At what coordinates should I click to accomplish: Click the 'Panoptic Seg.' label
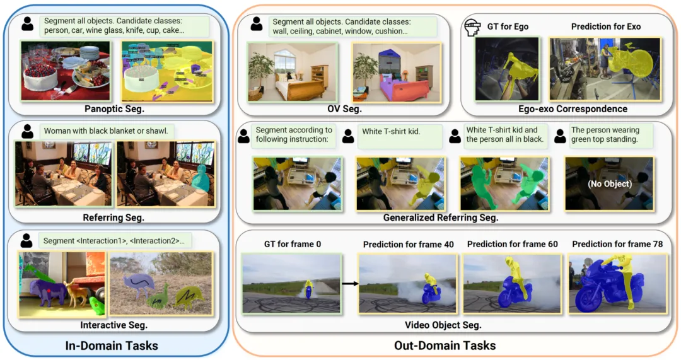(115, 109)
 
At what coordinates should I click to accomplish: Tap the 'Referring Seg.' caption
(114, 218)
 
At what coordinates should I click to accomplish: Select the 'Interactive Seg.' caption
(113, 325)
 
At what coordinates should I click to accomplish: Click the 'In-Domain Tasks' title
(112, 345)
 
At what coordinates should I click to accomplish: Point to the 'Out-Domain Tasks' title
(445, 345)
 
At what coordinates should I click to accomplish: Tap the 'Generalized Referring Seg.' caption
(441, 218)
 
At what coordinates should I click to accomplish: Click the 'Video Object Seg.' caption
(443, 325)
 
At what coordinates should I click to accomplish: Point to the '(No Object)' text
(609, 185)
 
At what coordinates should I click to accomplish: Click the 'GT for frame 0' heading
(291, 244)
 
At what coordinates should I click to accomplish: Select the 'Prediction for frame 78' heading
(617, 244)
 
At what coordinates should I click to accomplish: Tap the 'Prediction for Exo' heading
(606, 26)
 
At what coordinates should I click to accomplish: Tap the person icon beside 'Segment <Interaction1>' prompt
(26, 240)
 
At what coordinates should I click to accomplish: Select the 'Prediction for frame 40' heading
(408, 244)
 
